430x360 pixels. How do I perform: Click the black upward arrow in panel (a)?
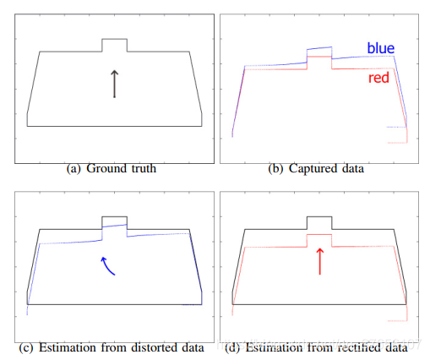[114, 84]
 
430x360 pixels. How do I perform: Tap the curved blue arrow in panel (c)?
[106, 265]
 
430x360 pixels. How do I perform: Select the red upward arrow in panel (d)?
[320, 261]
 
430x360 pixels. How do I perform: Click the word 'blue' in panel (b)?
[381, 48]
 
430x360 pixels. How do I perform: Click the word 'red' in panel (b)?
[378, 78]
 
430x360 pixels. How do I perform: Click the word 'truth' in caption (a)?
[144, 168]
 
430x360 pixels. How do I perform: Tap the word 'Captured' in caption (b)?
[313, 168]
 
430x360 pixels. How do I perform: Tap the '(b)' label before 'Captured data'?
[275, 169]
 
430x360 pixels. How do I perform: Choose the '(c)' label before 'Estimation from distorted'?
[26, 347]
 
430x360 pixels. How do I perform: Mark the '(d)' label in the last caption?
[232, 347]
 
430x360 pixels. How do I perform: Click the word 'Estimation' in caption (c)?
[68, 347]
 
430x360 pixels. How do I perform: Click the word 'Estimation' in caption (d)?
[274, 347]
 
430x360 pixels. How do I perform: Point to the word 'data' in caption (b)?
[353, 168]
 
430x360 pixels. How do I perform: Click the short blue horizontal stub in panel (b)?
[396, 127]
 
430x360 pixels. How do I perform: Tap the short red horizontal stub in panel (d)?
[397, 321]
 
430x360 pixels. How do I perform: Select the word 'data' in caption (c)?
[193, 347]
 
